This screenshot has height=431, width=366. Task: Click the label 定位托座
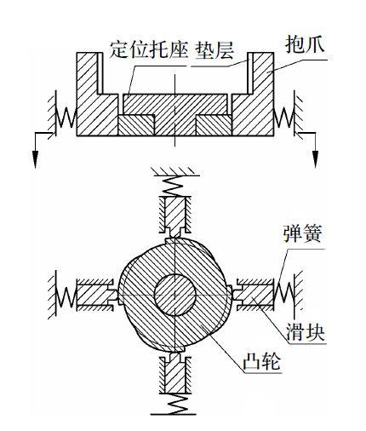(x=149, y=50)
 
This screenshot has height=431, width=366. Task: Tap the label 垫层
(x=214, y=50)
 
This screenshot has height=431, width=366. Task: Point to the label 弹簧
(x=302, y=234)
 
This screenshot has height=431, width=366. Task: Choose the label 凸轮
(x=261, y=361)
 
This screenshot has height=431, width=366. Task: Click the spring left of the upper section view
(x=66, y=117)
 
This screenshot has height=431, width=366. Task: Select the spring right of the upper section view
(x=283, y=117)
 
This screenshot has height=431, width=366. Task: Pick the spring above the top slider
(x=175, y=185)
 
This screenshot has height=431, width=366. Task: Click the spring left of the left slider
(x=66, y=296)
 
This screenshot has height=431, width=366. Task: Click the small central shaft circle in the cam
(x=175, y=295)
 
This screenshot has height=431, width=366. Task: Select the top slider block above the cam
(x=175, y=215)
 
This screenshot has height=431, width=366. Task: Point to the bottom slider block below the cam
(x=175, y=374)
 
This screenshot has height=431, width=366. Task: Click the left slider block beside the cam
(x=96, y=296)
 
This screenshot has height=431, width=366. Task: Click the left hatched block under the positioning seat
(x=136, y=125)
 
